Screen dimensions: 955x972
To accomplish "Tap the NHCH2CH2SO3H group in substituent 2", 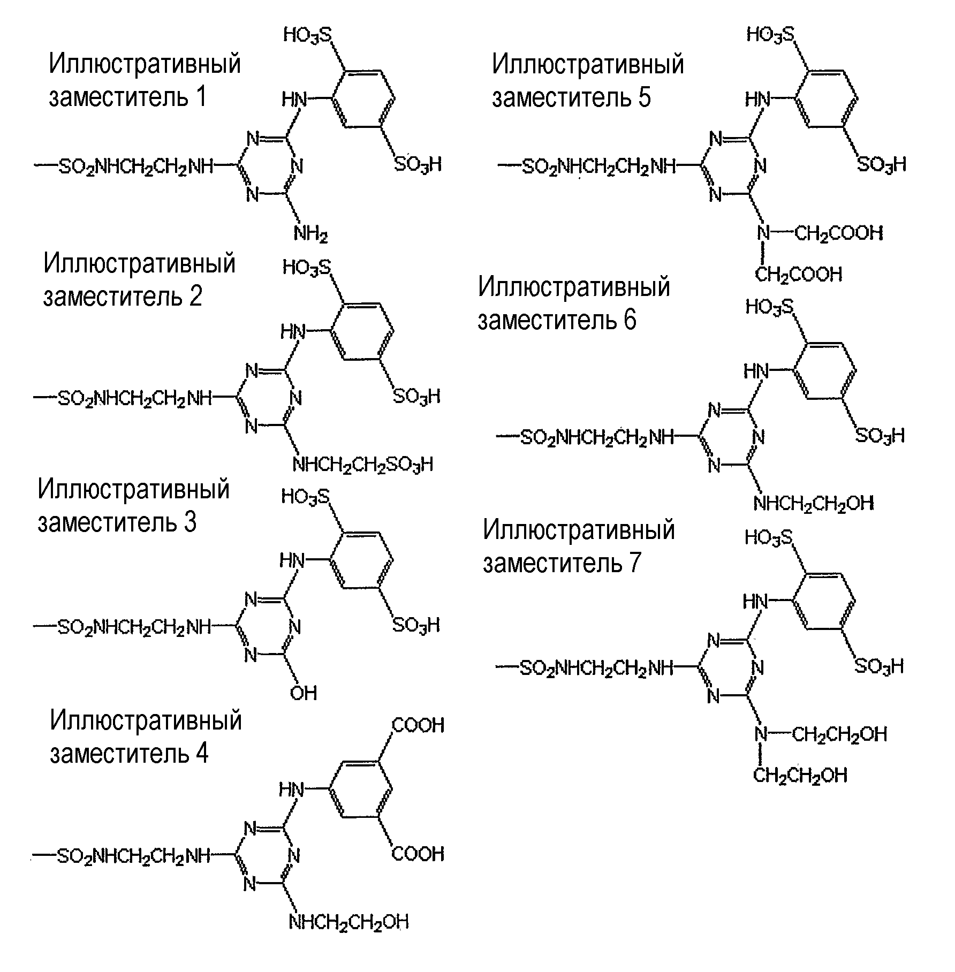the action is click(x=362, y=464).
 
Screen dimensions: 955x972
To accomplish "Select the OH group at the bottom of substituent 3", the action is click(x=304, y=693).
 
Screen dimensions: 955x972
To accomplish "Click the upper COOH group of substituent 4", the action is click(x=419, y=726).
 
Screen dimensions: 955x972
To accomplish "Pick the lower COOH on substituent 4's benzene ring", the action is click(x=418, y=853).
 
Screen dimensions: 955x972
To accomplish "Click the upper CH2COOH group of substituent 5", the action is click(x=839, y=233).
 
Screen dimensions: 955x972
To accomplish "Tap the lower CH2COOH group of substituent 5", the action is click(x=799, y=275).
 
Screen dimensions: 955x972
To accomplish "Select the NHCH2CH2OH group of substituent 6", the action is click(x=814, y=503).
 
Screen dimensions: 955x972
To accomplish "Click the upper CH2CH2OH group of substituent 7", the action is click(x=839, y=734).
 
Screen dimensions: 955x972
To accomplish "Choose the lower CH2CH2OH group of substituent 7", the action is click(x=800, y=774).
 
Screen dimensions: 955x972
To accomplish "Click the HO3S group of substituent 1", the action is click(x=307, y=35).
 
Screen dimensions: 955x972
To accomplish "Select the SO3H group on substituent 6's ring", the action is click(x=880, y=435).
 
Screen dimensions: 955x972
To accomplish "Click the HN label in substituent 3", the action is click(x=292, y=560).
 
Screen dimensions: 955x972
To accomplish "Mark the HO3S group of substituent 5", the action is click(x=771, y=35).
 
